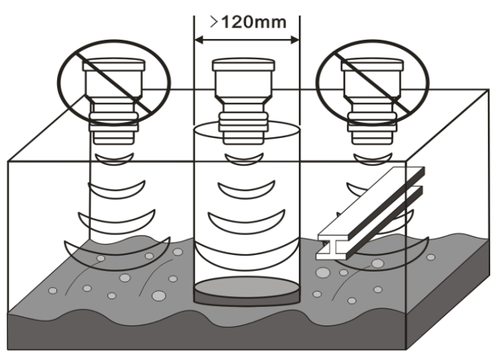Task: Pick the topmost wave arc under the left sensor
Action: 113,156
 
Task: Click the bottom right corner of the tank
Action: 406,347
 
